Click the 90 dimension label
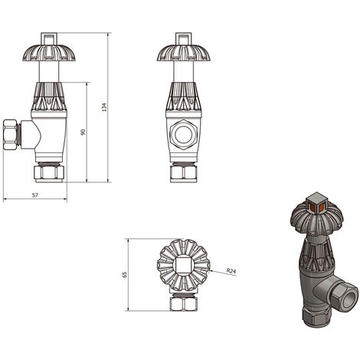point(83,133)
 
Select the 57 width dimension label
point(35,196)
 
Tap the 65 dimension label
point(124,273)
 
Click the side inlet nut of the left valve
point(11,133)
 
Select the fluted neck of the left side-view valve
point(50,100)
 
